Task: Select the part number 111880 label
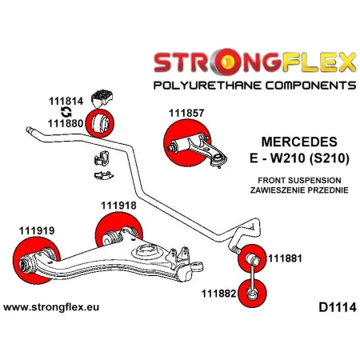click(64, 124)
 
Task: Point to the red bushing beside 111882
click(249, 295)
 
